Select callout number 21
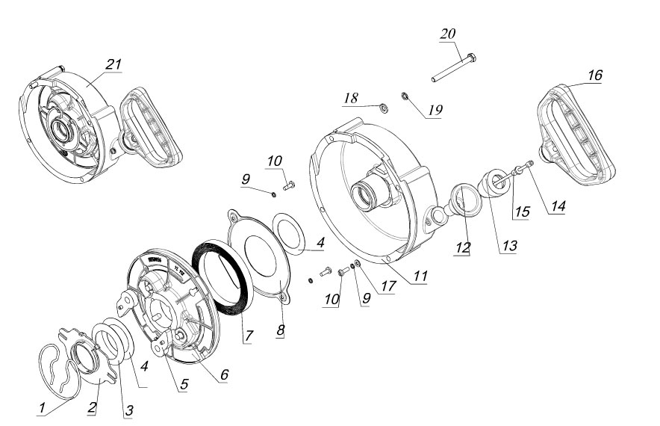point(113,64)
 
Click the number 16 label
point(594,75)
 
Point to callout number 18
point(352,98)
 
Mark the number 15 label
point(522,212)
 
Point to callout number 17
point(386,285)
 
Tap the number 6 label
point(222,373)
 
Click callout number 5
point(183,385)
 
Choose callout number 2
point(92,408)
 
